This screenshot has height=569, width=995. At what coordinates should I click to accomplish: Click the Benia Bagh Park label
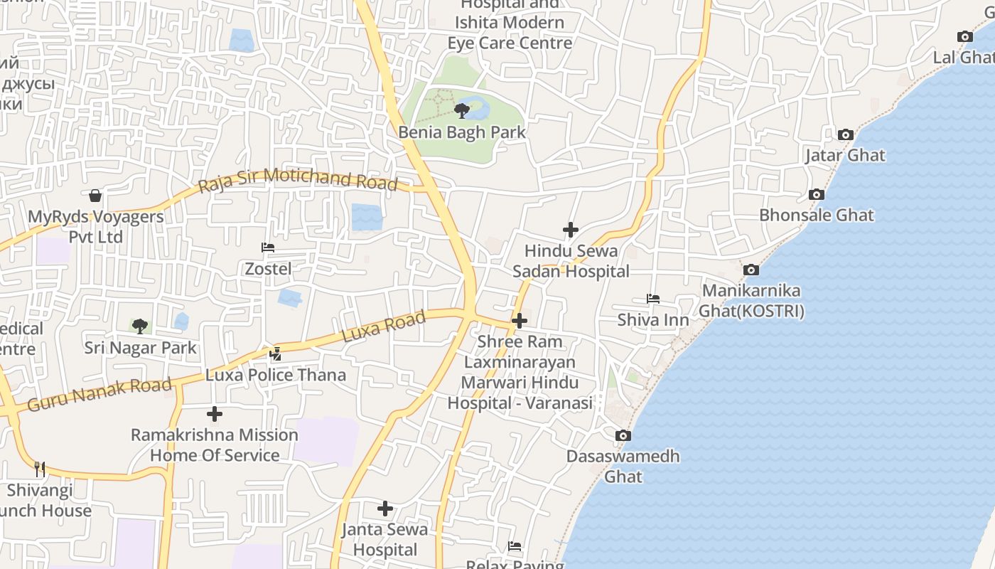462,132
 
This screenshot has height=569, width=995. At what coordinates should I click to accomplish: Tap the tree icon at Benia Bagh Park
462,110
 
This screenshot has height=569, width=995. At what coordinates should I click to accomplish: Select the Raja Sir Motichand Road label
298,180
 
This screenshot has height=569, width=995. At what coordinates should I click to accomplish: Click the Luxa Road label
384,326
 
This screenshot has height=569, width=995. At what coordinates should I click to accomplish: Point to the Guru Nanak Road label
99,395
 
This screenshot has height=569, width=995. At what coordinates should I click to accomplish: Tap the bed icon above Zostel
268,248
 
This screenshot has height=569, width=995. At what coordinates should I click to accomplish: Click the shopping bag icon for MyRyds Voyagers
95,196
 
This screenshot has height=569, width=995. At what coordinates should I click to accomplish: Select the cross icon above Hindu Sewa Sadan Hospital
571,230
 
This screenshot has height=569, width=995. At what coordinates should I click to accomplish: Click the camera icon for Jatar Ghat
845,134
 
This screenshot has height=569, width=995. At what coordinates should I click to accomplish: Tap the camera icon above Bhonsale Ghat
817,194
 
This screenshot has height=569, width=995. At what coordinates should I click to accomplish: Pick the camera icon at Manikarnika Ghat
751,270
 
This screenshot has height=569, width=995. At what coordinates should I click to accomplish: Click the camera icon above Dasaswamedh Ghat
623,435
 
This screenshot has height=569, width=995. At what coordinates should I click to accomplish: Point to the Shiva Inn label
653,320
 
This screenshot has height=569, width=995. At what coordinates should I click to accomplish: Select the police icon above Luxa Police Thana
275,353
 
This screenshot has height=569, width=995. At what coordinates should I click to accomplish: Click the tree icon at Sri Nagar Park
140,326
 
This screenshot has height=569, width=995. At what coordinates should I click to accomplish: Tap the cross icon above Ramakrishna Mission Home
215,414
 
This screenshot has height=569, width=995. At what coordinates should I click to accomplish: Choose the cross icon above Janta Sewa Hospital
385,509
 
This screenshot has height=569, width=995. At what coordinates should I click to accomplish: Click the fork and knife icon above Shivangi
40,469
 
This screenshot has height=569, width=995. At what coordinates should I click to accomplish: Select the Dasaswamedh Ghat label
623,466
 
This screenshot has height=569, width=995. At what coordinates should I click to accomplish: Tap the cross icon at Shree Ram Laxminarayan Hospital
520,321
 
